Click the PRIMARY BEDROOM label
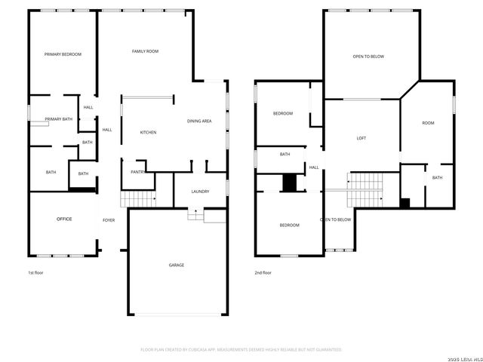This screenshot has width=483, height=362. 63,54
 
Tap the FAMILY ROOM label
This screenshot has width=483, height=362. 145,51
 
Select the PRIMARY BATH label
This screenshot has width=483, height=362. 58,119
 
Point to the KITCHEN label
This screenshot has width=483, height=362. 148,133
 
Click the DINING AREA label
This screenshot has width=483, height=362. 199,121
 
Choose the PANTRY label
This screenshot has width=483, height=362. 137,172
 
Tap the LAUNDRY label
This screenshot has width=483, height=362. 200,192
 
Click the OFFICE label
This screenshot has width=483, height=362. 64,219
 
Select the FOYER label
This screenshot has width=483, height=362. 109,220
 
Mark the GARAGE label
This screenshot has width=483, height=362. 176,265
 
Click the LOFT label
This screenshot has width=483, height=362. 361,139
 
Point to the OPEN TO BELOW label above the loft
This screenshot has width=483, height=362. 368,57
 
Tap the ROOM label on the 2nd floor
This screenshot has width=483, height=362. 428,123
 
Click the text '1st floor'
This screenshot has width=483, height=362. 36,272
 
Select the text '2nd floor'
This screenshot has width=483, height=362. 263,272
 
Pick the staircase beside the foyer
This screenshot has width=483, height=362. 137,199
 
